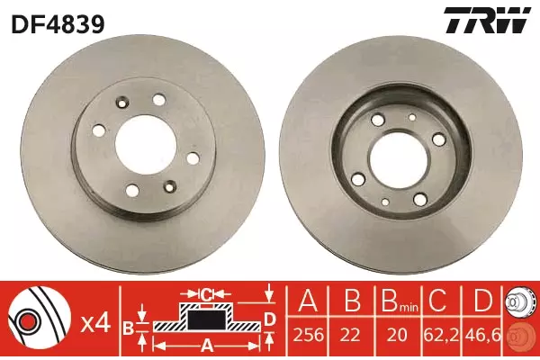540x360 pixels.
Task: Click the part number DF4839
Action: tap(58, 23)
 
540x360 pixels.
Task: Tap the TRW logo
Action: tap(487, 21)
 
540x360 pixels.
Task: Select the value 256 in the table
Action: tap(309, 335)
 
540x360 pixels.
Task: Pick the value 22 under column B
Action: tap(352, 335)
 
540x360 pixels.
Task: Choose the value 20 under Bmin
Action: tap(397, 335)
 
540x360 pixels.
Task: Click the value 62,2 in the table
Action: tap(441, 335)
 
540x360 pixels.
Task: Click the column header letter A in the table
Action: tap(309, 300)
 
